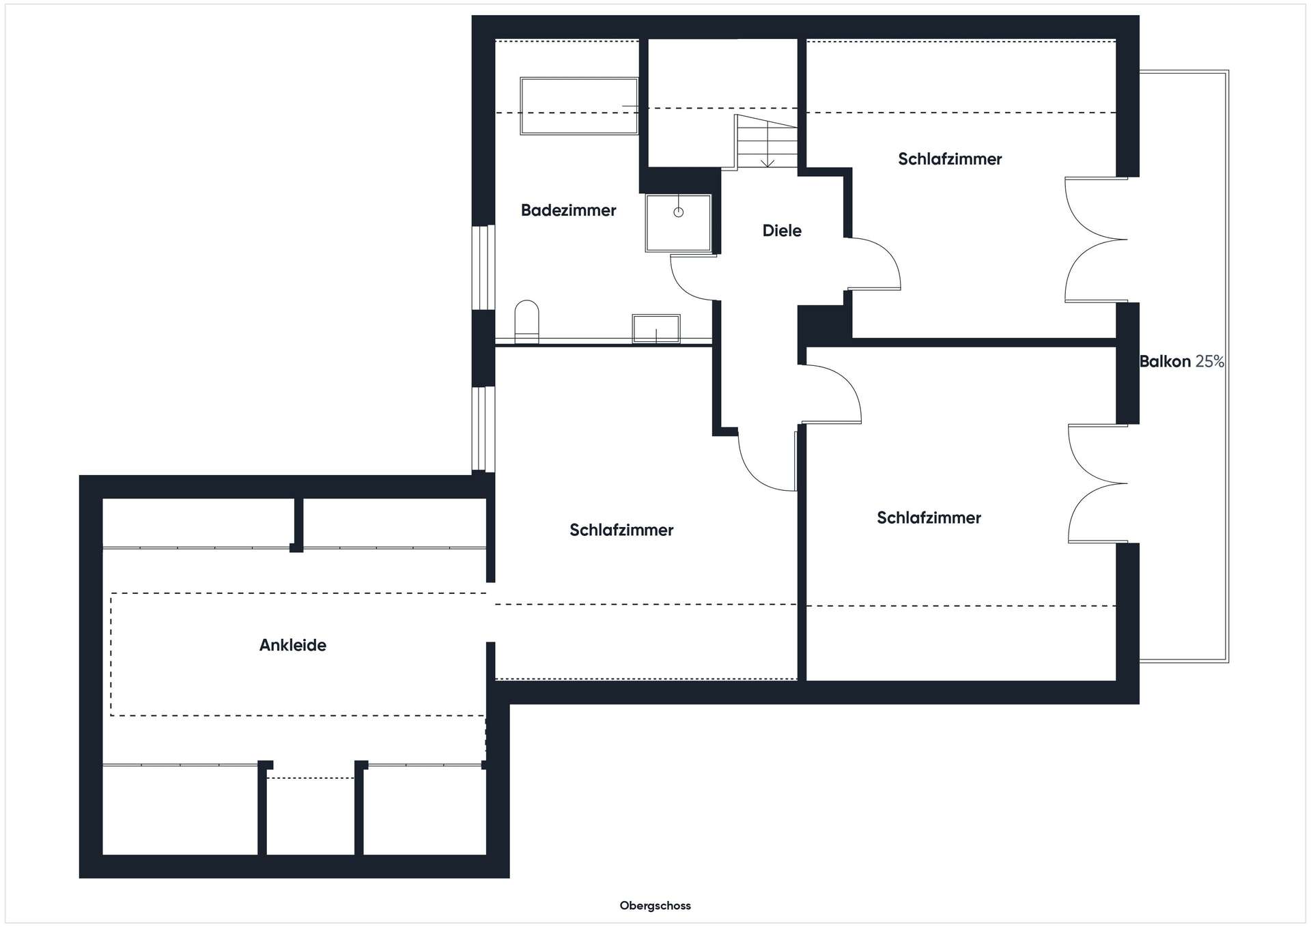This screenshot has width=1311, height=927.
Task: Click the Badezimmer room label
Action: point(568,210)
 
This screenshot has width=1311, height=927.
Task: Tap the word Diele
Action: point(782,231)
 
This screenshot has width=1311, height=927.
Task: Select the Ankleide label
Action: point(293,645)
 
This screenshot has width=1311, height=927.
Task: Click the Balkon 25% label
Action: point(1182,362)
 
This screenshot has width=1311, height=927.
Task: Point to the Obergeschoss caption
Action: point(655,906)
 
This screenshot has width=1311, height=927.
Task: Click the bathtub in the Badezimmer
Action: point(579,106)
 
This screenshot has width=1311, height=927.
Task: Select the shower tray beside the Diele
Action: point(678,223)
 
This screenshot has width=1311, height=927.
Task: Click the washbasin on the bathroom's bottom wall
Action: point(656,328)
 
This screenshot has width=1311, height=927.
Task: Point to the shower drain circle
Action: point(678,212)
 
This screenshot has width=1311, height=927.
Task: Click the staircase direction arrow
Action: point(767,144)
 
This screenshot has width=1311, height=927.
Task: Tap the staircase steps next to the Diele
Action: point(766,141)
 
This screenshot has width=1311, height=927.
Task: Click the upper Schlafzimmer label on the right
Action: point(950,159)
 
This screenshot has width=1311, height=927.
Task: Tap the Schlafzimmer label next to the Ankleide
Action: point(621,530)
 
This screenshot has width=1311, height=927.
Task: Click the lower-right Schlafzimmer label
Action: point(929,517)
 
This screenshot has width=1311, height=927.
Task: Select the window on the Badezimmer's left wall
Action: point(483,267)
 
